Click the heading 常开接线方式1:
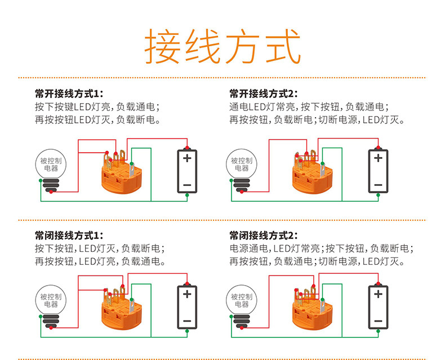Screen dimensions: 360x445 pos(69,94)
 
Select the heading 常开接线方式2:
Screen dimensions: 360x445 pos(264,94)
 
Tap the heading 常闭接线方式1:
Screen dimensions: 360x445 pos(69,235)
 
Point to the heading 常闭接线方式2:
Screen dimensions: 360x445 pos(264,235)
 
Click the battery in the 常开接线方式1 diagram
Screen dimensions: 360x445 pos(187,171)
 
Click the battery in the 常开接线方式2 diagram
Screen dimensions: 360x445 pos(378,171)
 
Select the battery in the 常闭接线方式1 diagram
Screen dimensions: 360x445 pos(187,307)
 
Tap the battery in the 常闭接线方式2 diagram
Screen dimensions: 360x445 pos(378,307)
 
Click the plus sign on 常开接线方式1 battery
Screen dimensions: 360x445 pos(187,158)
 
